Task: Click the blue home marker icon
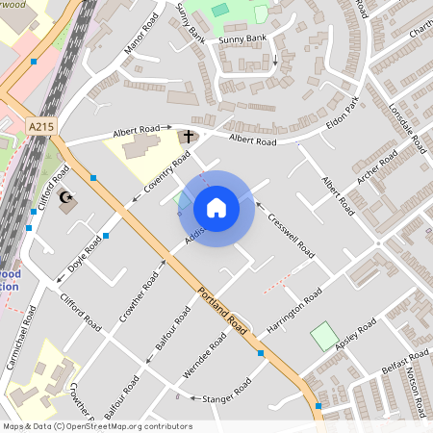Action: click(216, 208)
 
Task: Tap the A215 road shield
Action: click(40, 126)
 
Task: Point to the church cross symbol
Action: click(189, 137)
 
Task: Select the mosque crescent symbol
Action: click(67, 199)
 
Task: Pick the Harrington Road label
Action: click(293, 316)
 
